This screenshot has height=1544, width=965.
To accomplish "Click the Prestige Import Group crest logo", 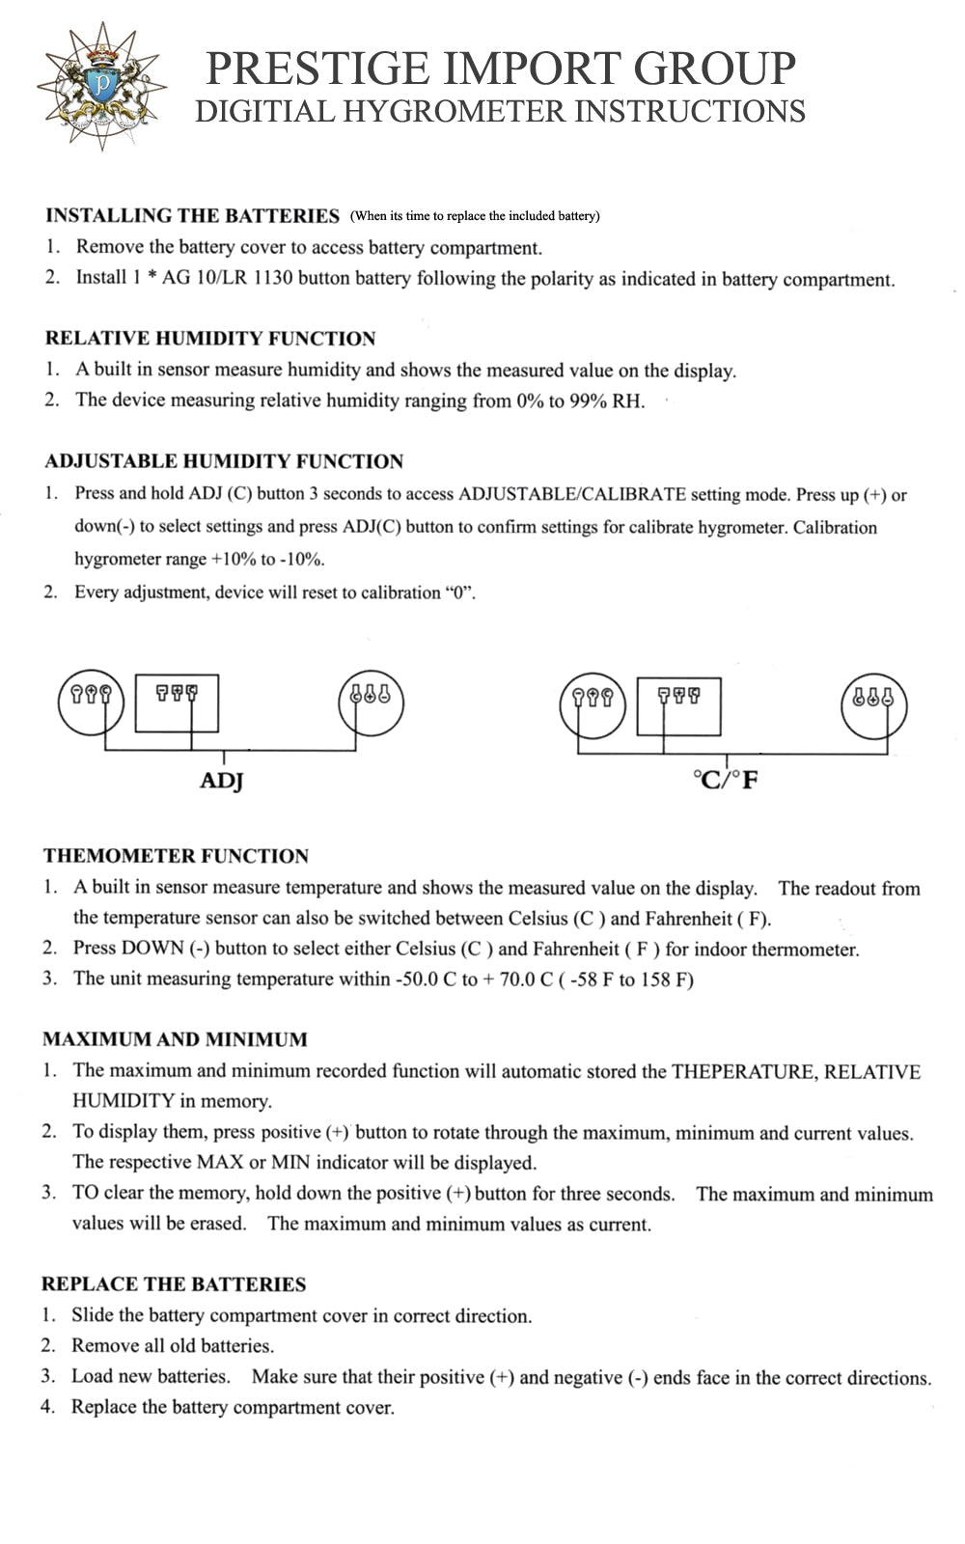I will (100, 87).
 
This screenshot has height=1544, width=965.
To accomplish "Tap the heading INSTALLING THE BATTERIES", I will (192, 215).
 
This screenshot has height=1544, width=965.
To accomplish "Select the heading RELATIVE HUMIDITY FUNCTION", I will (209, 339).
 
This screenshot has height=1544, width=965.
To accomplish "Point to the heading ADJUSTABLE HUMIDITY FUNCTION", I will (223, 461).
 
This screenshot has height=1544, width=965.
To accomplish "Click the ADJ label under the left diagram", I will (221, 781).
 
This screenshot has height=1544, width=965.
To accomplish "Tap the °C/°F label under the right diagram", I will (726, 779).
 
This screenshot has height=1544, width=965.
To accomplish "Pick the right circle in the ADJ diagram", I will (371, 702).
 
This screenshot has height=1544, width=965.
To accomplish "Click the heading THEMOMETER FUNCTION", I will (176, 856).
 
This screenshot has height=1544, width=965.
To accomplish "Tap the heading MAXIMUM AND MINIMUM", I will (175, 1039).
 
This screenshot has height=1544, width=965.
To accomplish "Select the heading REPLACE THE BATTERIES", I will (173, 1284).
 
